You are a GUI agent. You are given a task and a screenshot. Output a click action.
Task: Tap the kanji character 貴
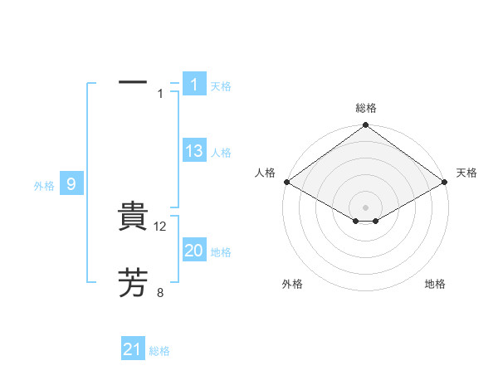click(133, 217)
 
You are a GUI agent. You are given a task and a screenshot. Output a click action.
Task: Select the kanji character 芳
click(133, 283)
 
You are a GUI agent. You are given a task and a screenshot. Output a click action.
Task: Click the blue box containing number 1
click(193, 85)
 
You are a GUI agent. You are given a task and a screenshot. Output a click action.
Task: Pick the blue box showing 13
click(194, 151)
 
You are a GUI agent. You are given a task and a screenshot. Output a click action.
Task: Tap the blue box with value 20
click(194, 251)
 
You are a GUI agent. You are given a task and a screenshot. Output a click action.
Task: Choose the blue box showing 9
click(71, 184)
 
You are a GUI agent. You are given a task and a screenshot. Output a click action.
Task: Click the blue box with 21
click(133, 349)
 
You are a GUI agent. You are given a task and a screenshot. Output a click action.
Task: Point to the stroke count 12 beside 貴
click(161, 227)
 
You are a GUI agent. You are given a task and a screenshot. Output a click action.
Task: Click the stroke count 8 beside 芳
click(160, 292)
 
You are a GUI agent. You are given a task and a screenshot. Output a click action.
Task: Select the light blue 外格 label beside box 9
click(44, 186)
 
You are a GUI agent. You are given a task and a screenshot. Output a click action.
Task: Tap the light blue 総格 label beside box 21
click(159, 351)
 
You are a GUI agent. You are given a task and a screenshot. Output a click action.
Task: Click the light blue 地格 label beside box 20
click(221, 252)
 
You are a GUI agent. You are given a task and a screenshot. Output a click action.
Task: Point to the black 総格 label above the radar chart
click(365, 108)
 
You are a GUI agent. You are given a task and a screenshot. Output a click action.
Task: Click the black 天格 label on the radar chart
click(466, 173)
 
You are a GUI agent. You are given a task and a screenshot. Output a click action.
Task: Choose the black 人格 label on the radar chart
click(265, 173)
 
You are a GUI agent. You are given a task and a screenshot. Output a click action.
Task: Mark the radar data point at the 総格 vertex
click(365, 125)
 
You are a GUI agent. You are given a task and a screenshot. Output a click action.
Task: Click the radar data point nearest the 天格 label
click(446, 182)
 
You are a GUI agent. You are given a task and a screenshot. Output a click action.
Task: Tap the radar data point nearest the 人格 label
click(286, 182)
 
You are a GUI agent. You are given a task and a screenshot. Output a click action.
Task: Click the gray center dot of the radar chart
click(365, 207)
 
